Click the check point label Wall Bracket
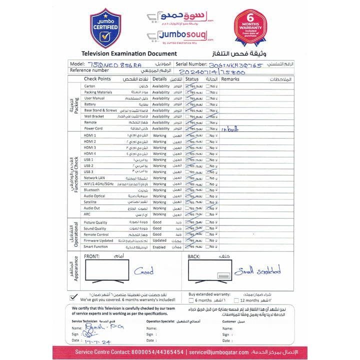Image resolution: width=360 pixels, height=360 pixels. [94, 116]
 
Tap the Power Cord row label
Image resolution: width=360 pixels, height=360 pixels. [93, 128]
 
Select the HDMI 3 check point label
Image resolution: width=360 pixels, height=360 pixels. [90, 147]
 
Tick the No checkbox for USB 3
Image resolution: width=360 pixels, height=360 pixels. [208, 171]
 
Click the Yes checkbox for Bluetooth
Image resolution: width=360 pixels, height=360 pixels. [187, 190]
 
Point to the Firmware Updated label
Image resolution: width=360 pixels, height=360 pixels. [98, 240]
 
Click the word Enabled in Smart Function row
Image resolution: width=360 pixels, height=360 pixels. [159, 247]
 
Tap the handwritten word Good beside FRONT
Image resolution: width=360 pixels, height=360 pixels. [143, 272]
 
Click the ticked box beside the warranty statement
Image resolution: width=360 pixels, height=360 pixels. [74, 296]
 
